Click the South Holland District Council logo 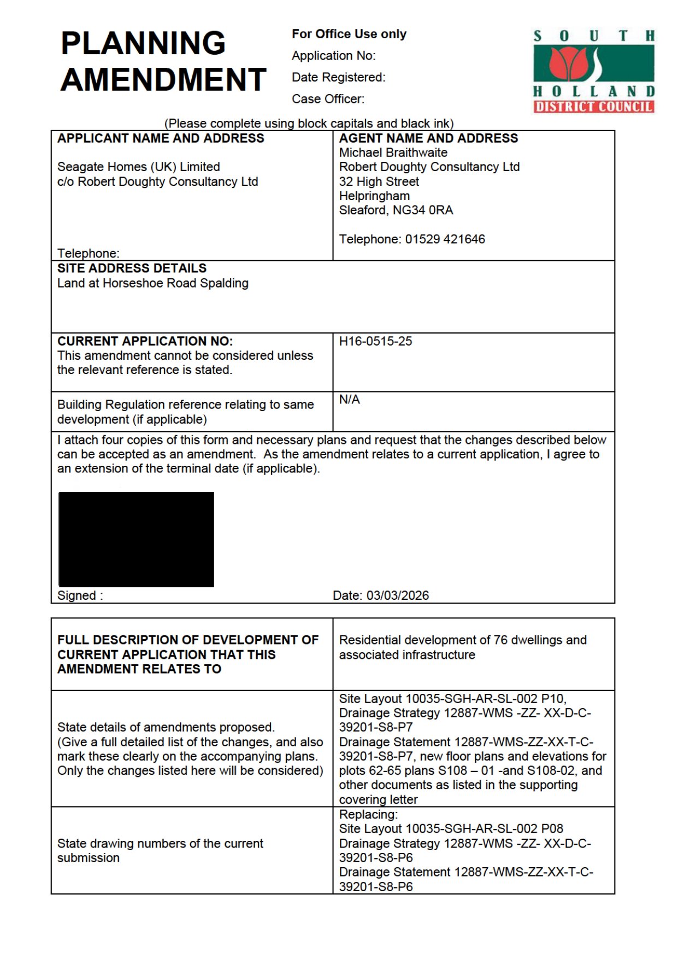coord(593,71)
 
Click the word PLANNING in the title coord(143,43)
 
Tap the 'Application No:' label coord(333,56)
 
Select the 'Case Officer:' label coord(328,99)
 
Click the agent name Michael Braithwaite coord(393,153)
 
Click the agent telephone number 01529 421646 coord(445,239)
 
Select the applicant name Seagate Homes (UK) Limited coord(138,167)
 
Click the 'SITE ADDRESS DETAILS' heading coord(132,268)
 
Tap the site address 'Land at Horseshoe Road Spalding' coord(152,283)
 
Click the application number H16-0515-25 coord(375,341)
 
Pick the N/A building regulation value coord(349,400)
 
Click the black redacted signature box coord(136,539)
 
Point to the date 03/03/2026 coord(397,595)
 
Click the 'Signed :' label coord(80,595)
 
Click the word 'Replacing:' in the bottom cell coord(368,814)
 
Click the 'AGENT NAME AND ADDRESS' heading coord(428,138)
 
